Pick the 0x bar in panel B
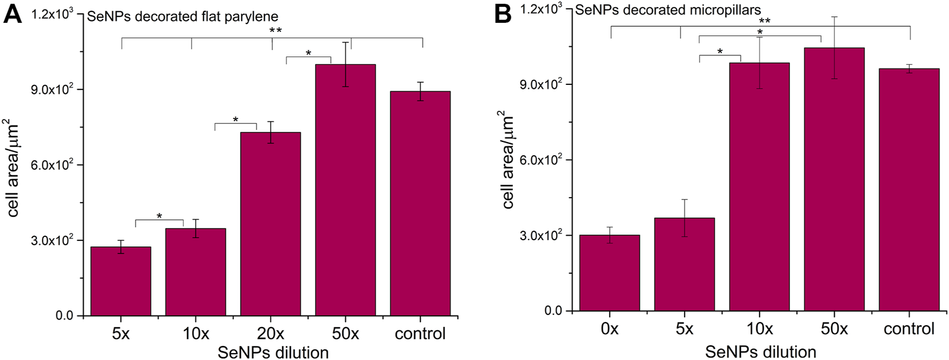click(610, 273)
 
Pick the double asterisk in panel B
click(765, 21)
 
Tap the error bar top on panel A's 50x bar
click(345, 42)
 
